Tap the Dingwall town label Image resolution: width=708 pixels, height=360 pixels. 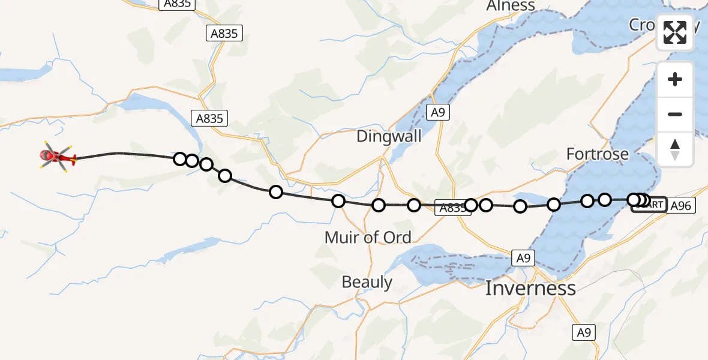click(x=389, y=136)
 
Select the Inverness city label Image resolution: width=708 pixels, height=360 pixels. click(x=530, y=288)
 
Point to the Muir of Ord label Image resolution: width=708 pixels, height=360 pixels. click(x=367, y=238)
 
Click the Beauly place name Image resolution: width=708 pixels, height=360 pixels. click(x=367, y=282)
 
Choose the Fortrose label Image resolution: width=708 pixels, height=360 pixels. click(x=597, y=154)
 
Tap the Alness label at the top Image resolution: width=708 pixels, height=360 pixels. click(x=511, y=6)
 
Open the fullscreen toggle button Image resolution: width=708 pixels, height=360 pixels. click(x=675, y=32)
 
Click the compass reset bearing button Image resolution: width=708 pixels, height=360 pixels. click(x=675, y=149)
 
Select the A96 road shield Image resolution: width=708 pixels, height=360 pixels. click(x=681, y=206)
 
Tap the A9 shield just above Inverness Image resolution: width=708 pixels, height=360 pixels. click(x=523, y=258)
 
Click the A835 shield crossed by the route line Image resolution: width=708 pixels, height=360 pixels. click(x=451, y=208)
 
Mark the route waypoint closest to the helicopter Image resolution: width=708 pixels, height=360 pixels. click(x=179, y=159)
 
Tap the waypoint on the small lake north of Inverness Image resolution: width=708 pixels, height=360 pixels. click(x=520, y=206)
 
